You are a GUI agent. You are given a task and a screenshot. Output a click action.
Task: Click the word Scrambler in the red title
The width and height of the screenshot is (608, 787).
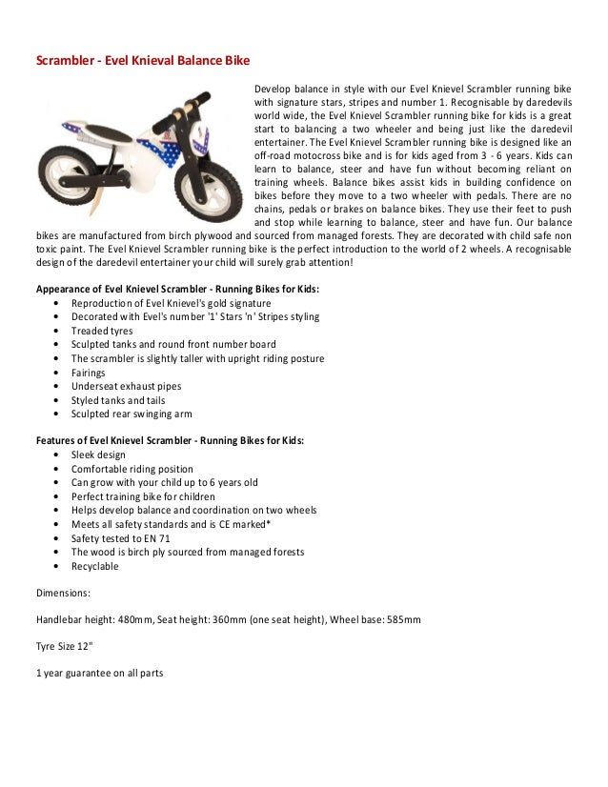[x=61, y=61]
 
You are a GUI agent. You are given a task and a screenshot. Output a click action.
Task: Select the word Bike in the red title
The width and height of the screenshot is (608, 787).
[x=236, y=61]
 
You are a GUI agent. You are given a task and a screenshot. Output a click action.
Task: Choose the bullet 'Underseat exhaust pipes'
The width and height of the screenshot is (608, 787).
[x=126, y=386]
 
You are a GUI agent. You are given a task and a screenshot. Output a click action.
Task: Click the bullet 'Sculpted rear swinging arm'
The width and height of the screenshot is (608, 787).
[x=132, y=414]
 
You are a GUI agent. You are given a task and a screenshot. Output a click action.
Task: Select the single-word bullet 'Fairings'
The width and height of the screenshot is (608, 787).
[x=89, y=373]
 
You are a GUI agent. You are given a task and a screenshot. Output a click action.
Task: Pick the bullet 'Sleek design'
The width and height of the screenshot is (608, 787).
[x=98, y=455]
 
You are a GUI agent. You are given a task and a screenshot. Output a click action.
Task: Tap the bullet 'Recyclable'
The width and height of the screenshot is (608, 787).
[x=94, y=566]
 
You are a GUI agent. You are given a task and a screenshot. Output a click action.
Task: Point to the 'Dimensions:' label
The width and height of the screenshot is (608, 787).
[x=63, y=593]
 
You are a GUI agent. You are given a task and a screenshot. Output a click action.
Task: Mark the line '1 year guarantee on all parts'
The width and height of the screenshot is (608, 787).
[x=99, y=673]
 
